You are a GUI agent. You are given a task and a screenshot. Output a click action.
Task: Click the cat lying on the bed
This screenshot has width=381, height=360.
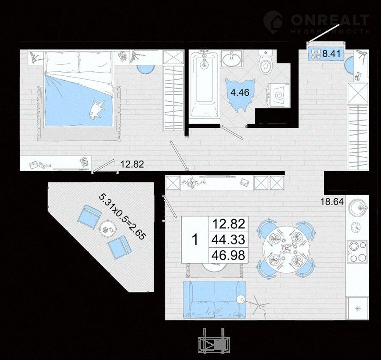tap(97, 110)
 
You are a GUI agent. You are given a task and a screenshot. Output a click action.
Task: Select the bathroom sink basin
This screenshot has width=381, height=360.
tap(231, 59)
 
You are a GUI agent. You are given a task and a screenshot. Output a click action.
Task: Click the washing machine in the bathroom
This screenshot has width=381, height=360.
tap(279, 96)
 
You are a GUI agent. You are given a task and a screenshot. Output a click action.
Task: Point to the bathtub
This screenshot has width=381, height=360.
tap(204, 86)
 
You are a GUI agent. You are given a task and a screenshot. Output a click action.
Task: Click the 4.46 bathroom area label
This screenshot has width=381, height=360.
tap(240, 92)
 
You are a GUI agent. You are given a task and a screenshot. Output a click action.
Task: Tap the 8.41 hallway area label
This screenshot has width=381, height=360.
tap(331, 53)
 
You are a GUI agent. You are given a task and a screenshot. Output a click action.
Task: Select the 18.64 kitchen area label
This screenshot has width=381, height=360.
tap(332, 202)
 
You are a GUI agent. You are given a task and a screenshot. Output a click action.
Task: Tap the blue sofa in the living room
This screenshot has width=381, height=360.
tap(214, 300)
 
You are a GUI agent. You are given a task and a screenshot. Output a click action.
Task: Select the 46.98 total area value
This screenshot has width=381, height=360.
tap(229, 255)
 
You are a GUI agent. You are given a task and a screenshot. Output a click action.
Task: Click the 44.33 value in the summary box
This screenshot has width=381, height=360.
tap(229, 240)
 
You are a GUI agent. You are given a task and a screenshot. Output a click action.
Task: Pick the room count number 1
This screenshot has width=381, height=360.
tap(195, 240)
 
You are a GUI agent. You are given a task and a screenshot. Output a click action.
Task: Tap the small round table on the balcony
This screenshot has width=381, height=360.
tap(108, 228)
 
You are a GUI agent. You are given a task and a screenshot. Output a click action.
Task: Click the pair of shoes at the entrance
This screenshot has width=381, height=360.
tap(315, 53)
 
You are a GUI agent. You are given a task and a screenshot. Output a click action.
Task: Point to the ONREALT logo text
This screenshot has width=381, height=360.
tap(330, 19)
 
